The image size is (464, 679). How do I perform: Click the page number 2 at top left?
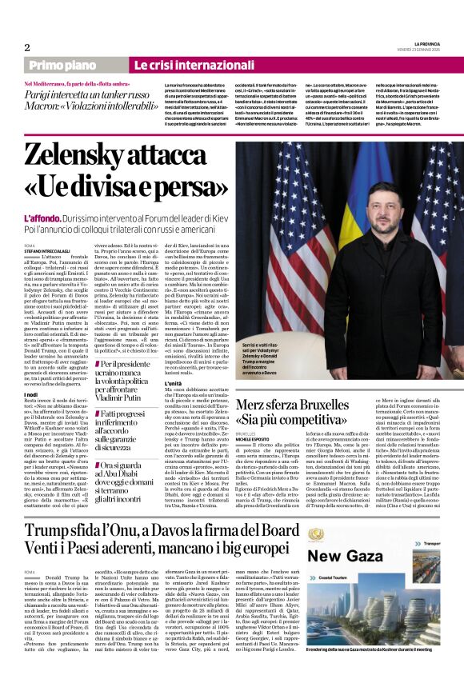tap(27, 47)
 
